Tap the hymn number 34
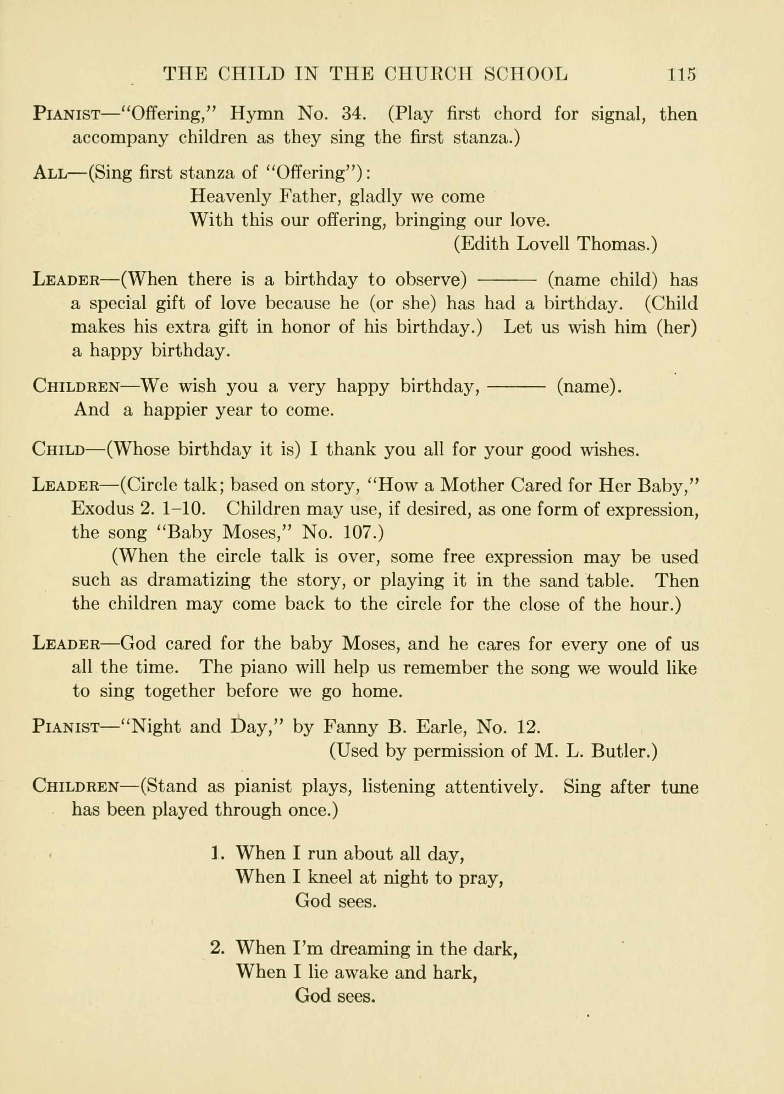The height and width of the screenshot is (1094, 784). point(355,114)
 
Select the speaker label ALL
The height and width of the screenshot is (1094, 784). point(49,173)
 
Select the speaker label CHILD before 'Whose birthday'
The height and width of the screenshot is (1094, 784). point(59,449)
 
